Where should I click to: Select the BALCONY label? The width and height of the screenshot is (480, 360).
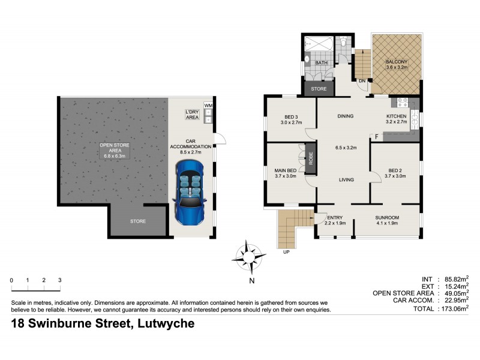click(396, 62)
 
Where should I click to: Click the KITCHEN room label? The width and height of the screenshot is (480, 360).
click(396, 116)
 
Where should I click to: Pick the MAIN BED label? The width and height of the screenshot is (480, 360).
click(286, 170)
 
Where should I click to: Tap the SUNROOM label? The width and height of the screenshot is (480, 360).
click(387, 217)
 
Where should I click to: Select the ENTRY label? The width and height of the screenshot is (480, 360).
click(335, 217)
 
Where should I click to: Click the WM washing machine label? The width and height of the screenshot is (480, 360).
click(208, 106)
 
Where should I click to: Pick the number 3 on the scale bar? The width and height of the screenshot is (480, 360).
click(59, 280)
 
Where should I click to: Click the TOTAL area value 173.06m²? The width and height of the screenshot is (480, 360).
click(453, 308)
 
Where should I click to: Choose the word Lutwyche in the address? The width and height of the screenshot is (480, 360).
click(163, 325)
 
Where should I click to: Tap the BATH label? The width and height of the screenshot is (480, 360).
click(322, 62)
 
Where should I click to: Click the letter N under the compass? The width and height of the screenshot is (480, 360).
click(252, 280)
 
